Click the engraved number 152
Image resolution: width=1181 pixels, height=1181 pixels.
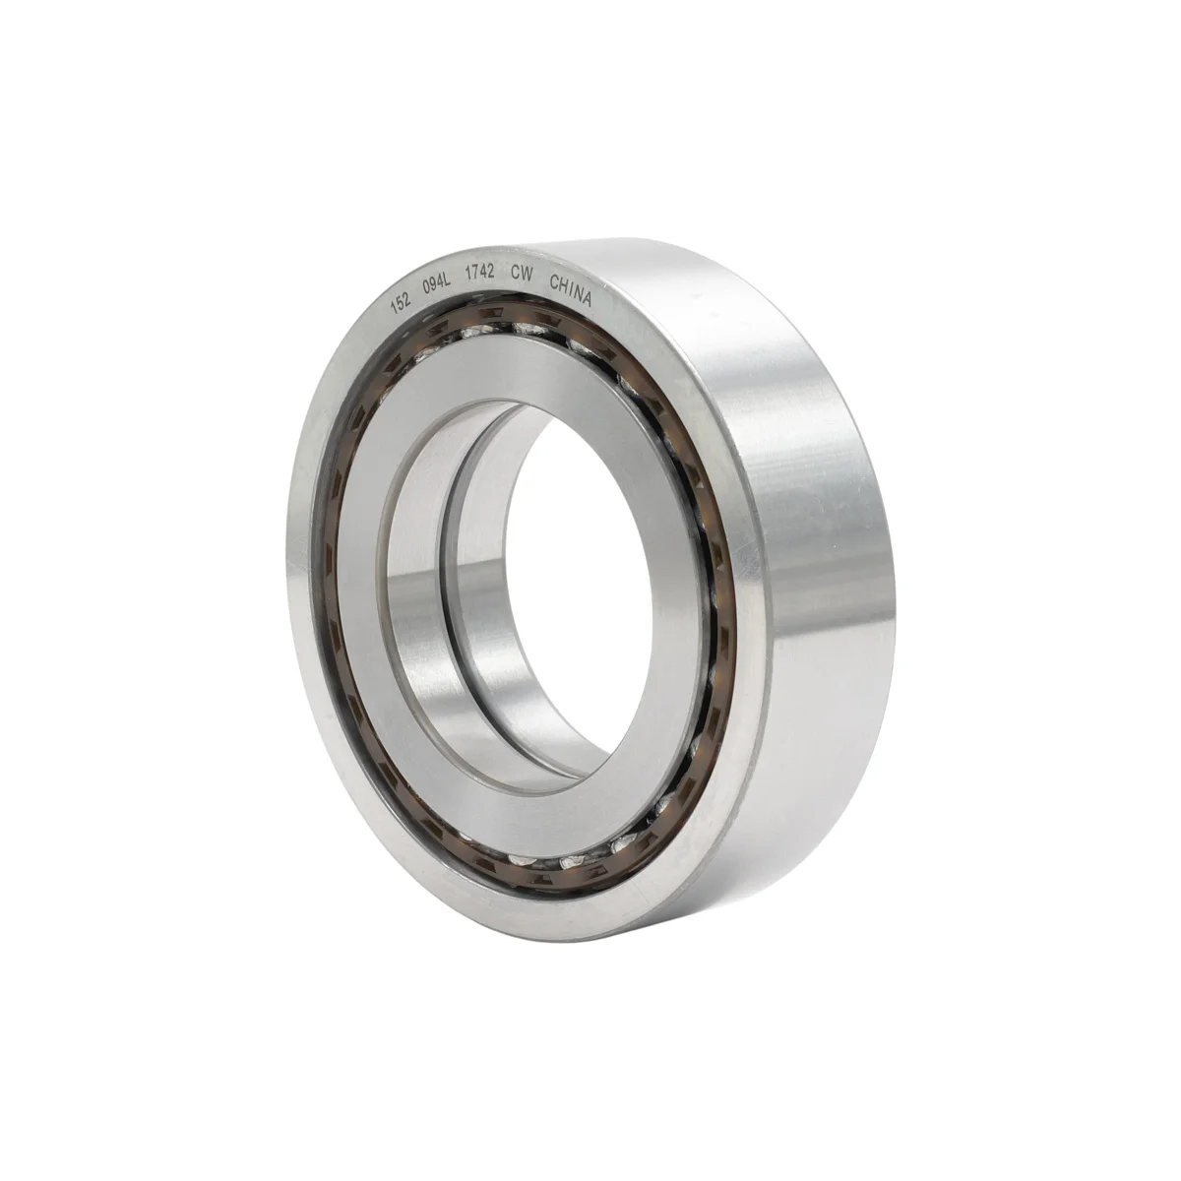coord(401,304)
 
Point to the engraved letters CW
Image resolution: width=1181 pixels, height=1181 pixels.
coord(522,275)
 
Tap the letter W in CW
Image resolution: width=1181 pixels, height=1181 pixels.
coord(527,276)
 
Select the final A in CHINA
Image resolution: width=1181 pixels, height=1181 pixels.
coord(588,298)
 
